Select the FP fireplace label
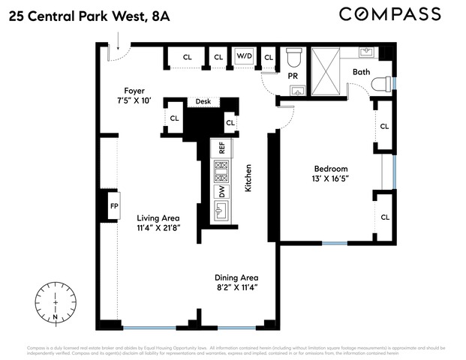[x=114, y=205]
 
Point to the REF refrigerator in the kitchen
[x=222, y=148]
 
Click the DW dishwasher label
[x=222, y=191]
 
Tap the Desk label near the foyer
[x=203, y=101]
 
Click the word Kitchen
[x=247, y=178]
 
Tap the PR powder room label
[x=293, y=76]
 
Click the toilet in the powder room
[x=294, y=57]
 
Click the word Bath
[x=362, y=73]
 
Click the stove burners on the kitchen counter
[x=222, y=172]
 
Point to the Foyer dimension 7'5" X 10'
[x=134, y=100]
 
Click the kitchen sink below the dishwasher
[x=222, y=210]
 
